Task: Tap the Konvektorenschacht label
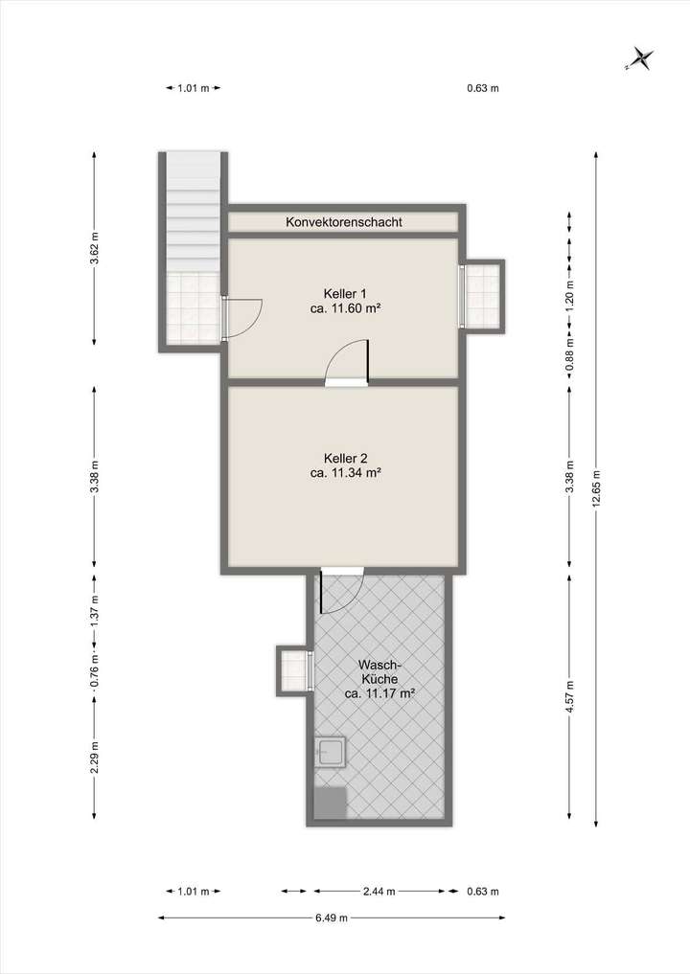[344, 222]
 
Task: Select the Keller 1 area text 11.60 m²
[344, 309]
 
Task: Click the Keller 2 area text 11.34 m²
[346, 472]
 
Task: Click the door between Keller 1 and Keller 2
[347, 367]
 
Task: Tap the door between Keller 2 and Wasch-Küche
[342, 591]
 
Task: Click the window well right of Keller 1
[484, 294]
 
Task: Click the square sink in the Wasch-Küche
[332, 753]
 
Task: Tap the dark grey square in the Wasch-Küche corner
[331, 803]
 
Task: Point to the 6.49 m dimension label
[331, 917]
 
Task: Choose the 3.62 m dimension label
[94, 248]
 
